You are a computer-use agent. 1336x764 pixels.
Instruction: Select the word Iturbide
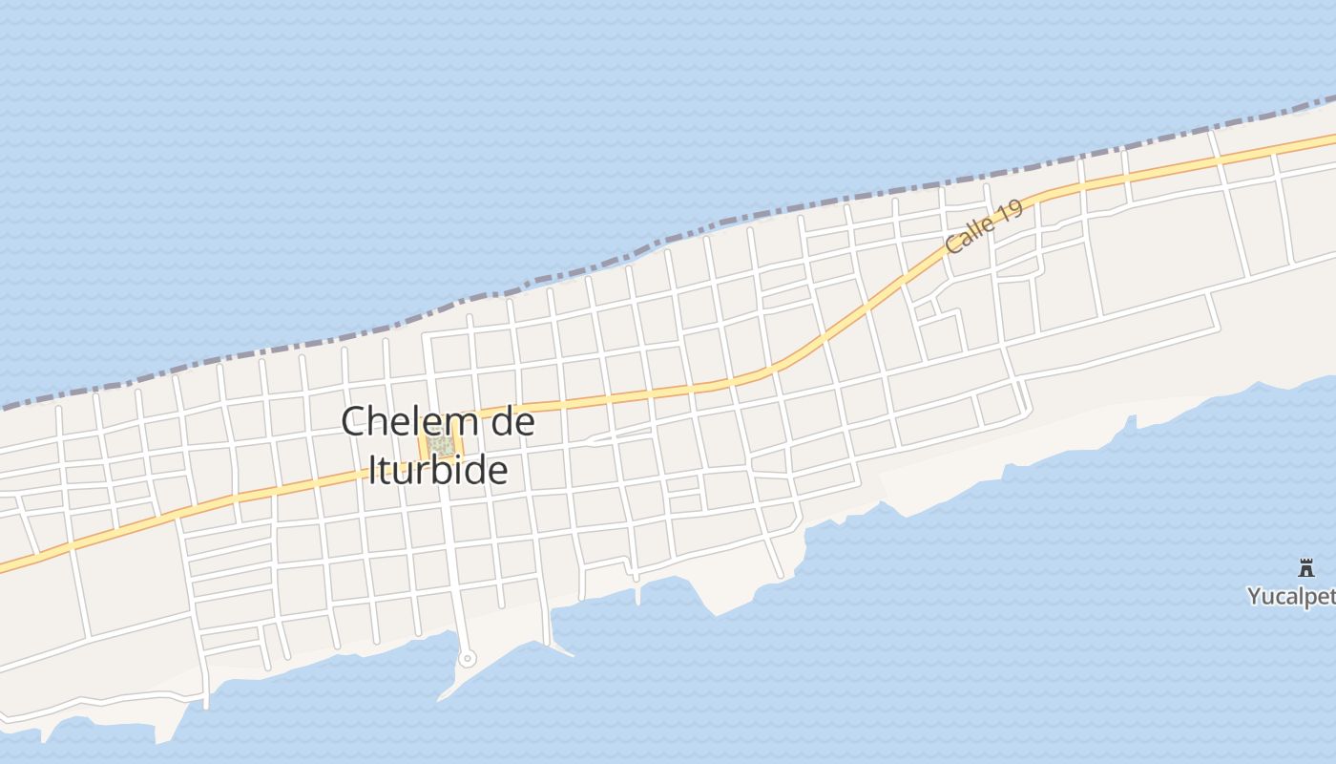click(438, 470)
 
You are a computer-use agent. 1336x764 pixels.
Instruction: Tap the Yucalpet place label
click(1290, 597)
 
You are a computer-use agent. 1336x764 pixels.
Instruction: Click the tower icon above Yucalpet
click(1306, 568)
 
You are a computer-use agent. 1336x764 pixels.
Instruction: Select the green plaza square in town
click(440, 445)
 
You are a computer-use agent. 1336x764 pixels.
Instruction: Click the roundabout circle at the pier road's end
click(467, 658)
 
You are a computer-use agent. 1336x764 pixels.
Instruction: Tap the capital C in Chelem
click(354, 421)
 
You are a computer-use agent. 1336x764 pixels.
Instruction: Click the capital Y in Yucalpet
click(1254, 597)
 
